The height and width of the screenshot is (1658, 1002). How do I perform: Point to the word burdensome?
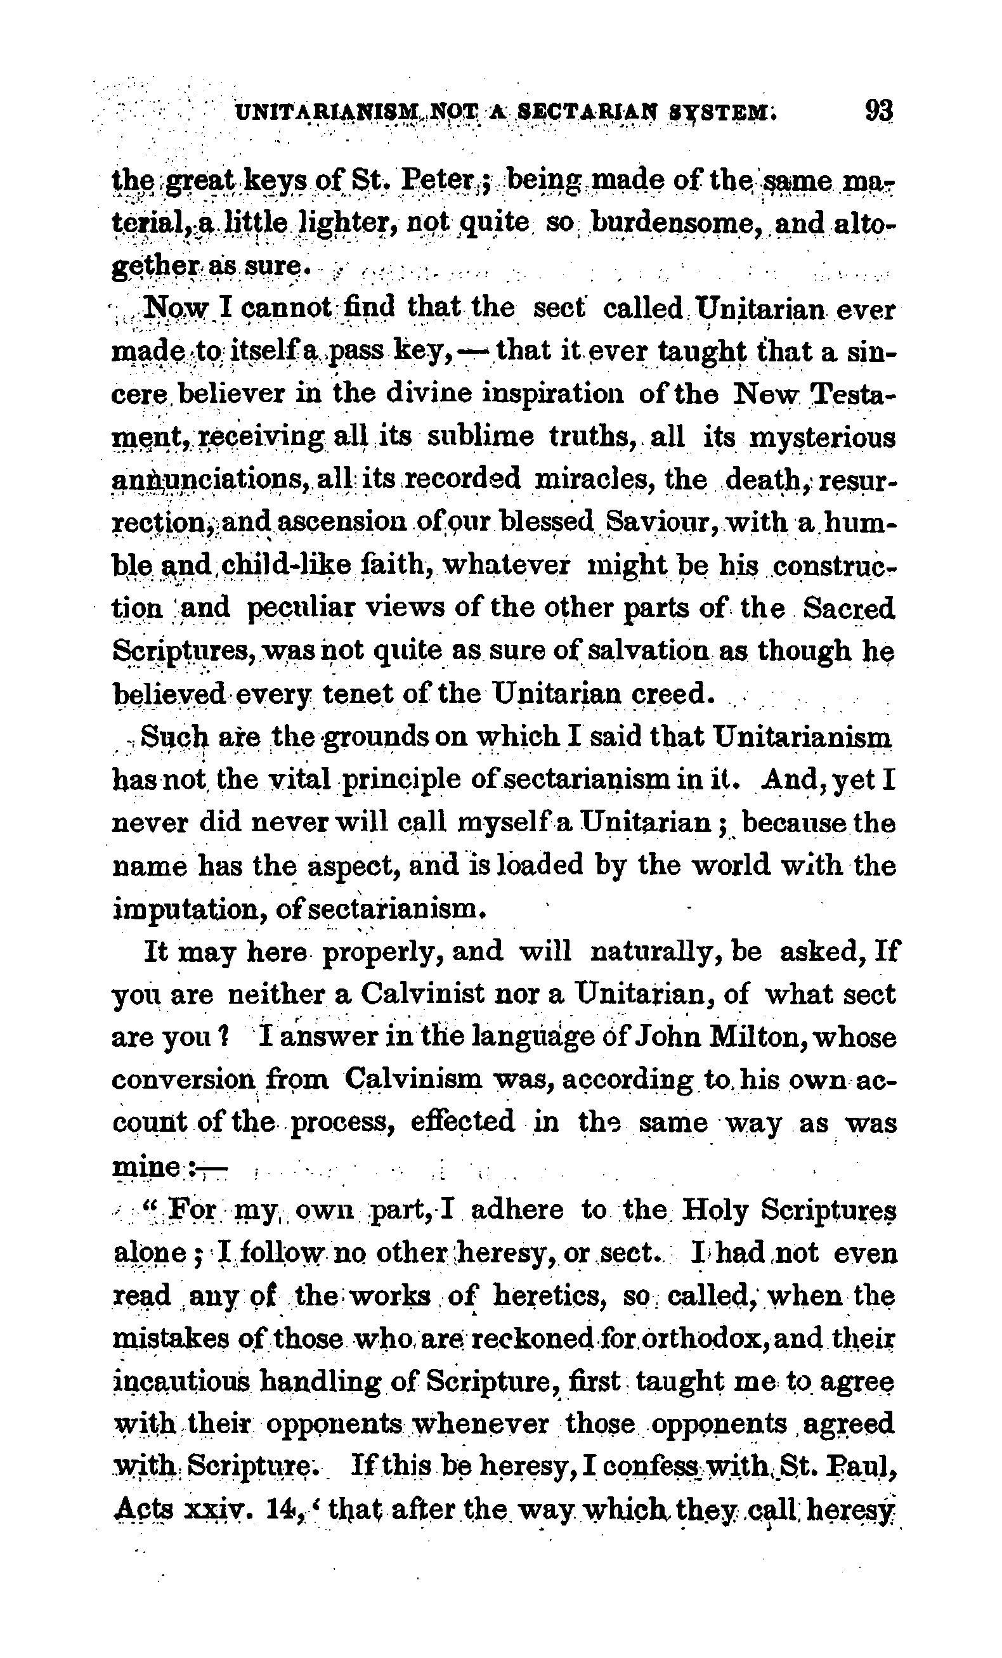[675, 224]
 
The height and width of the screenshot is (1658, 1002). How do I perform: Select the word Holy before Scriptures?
[713, 1211]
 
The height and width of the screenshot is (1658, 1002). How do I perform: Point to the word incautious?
[179, 1383]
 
